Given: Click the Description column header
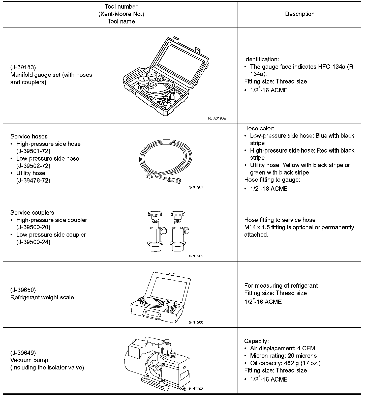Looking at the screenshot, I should (300, 14).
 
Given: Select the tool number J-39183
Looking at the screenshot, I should (23, 68).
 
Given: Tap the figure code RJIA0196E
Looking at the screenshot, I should (217, 118).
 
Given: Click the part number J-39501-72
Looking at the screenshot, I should (33, 151).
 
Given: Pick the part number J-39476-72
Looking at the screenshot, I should (33, 181).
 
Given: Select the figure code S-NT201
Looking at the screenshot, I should (196, 187).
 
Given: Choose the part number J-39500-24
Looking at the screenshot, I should (33, 242).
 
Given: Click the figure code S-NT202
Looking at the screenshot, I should (196, 256).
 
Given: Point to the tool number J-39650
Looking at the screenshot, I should (23, 290).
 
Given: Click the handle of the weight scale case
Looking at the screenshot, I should (152, 314).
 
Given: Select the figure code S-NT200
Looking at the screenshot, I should (196, 322).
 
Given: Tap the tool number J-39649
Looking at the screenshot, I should (23, 353).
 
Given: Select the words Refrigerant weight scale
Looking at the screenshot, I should (42, 298).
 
